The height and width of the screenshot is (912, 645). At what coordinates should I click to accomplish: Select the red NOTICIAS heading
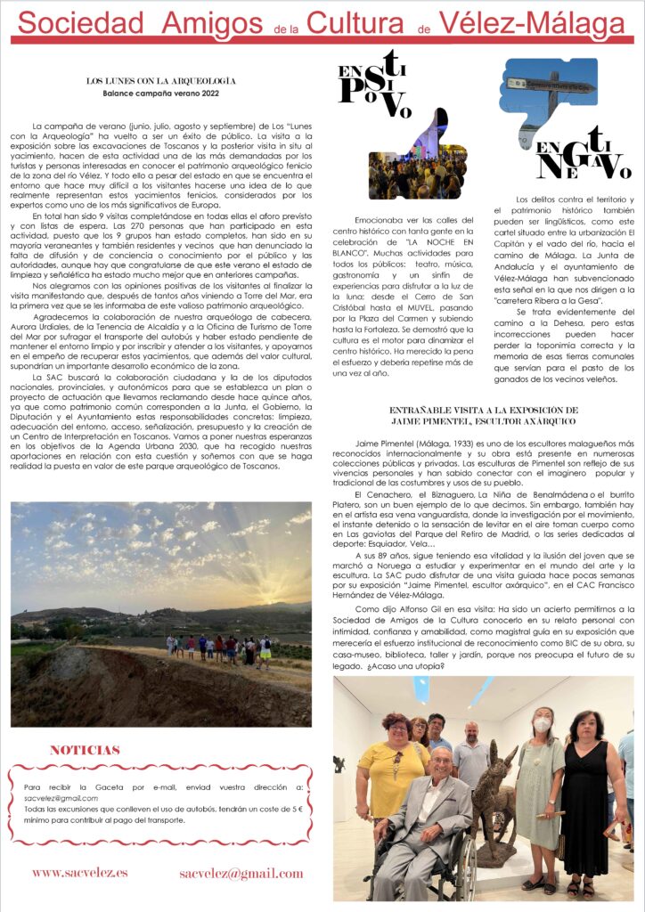tap(85, 751)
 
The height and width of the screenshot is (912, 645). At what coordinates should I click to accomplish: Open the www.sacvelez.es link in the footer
tap(79, 873)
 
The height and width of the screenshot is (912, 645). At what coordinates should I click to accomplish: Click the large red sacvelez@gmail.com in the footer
tap(241, 873)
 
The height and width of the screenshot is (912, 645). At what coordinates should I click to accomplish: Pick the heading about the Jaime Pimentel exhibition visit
tap(484, 415)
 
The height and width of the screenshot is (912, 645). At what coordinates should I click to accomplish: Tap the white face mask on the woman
tap(543, 725)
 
